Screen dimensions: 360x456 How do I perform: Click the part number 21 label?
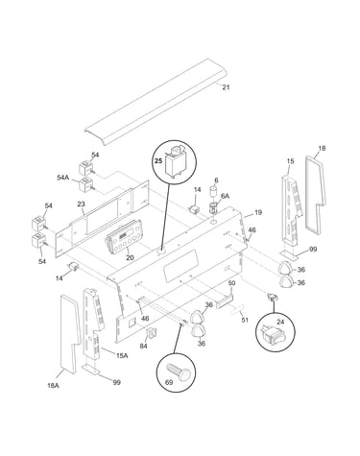226,87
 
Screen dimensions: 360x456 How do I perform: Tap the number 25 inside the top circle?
158,161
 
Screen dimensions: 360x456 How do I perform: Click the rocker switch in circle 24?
272,332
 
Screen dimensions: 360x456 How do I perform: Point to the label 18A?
53,386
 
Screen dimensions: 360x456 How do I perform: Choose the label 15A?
122,355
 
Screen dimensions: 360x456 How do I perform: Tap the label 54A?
63,178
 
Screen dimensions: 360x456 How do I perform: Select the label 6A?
226,196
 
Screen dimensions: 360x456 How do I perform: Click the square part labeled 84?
152,333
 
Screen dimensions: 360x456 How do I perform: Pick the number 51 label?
244,320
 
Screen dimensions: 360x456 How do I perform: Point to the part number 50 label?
231,283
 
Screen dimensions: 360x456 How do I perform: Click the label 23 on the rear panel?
81,204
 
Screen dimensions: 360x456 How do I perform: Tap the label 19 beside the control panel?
258,212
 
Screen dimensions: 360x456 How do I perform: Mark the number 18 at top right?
322,148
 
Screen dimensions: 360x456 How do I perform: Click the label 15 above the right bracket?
290,161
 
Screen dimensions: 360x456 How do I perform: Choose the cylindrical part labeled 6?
213,193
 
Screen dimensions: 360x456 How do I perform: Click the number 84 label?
144,347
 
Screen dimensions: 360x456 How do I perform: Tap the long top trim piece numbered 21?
156,102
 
